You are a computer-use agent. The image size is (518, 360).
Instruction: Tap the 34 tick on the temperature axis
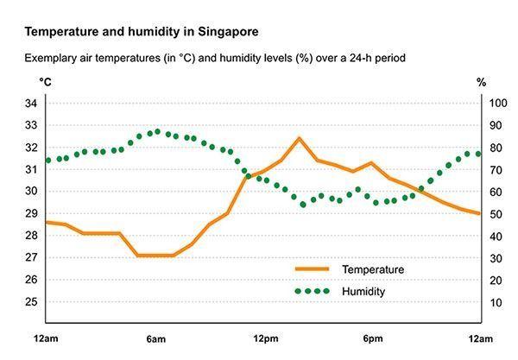coord(31,104)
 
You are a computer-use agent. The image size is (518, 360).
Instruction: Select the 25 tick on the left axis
coord(31,302)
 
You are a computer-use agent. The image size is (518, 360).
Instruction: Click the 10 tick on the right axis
coord(496,302)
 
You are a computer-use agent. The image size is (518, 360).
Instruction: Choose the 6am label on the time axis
coord(155,338)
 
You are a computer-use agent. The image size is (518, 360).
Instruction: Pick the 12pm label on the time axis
coord(265,338)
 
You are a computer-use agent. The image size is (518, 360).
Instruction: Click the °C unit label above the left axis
coord(45,82)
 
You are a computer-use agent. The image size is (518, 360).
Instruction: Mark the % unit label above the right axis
coord(482,82)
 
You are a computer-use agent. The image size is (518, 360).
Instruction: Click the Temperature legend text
coord(373,269)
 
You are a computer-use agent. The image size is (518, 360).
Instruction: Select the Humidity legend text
coord(363,292)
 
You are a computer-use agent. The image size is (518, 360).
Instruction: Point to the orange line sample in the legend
coord(313,269)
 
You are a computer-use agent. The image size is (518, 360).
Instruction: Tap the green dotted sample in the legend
coord(313,292)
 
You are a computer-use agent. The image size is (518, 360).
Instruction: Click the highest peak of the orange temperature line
coord(299,138)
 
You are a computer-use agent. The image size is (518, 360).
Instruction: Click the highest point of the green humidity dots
coord(156,132)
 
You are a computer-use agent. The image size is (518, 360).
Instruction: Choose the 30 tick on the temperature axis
coord(31,192)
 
